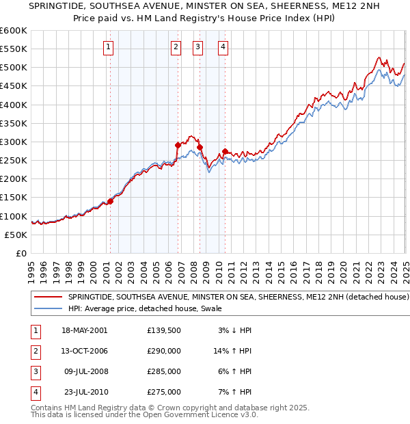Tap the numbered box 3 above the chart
point(197,47)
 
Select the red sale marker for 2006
point(178,145)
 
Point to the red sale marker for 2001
point(110,201)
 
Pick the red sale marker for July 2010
point(225,150)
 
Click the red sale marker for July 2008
point(200,147)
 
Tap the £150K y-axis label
point(13,198)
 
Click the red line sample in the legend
point(48,297)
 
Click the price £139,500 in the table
point(164,330)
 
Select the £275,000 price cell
point(164,393)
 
